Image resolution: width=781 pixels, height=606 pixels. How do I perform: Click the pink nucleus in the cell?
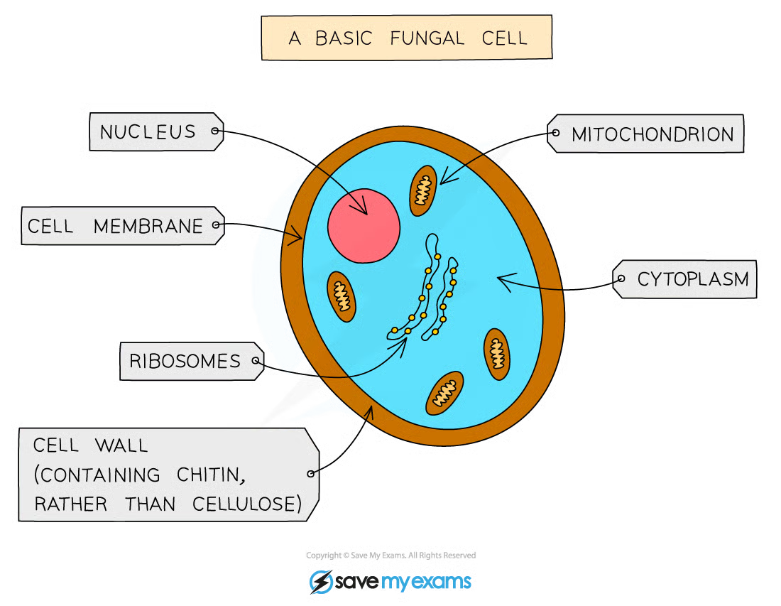tap(364, 226)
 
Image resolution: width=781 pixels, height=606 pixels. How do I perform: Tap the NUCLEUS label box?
tap(156, 131)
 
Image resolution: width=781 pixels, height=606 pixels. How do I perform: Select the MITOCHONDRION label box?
tap(645, 134)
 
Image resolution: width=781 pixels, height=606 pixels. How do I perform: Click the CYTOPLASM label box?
tap(685, 279)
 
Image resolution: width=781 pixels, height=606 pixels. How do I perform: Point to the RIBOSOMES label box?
tap(192, 361)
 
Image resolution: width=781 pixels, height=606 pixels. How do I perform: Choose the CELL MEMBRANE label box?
tap(123, 226)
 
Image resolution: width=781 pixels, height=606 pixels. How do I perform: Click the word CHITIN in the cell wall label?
tap(211, 475)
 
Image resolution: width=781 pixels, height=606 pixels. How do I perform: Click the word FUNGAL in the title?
tap(427, 38)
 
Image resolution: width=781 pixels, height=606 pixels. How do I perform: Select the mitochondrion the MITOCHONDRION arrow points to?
tap(423, 191)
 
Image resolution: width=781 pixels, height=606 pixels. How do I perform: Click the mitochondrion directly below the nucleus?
tap(342, 296)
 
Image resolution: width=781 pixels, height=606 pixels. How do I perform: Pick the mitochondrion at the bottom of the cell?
tap(444, 393)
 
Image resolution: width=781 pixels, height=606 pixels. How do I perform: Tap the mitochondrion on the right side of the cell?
tap(496, 354)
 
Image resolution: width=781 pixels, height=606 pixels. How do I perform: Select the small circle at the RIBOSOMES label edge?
tap(256, 360)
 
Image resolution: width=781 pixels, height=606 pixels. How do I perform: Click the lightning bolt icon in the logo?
tap(321, 582)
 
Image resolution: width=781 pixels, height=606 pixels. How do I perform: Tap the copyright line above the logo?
tap(390, 555)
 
